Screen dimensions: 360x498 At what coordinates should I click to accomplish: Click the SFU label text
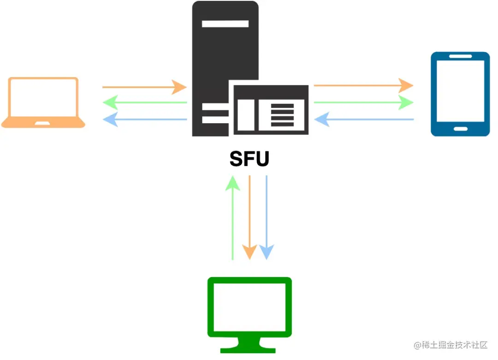[249, 159]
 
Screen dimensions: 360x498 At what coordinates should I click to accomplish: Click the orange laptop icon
[43, 102]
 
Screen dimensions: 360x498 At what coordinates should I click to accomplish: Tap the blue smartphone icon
[460, 94]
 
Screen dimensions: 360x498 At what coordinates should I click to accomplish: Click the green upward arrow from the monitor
[232, 217]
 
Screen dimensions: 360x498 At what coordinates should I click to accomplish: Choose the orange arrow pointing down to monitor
[249, 217]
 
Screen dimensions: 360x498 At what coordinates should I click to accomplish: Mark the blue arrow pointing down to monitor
[267, 217]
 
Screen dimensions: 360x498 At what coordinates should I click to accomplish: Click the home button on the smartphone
[460, 128]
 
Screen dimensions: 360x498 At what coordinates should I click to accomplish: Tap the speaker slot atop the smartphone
[460, 57]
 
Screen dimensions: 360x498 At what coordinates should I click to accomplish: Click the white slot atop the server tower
[225, 24]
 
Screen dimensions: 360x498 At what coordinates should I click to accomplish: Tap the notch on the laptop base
[43, 123]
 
